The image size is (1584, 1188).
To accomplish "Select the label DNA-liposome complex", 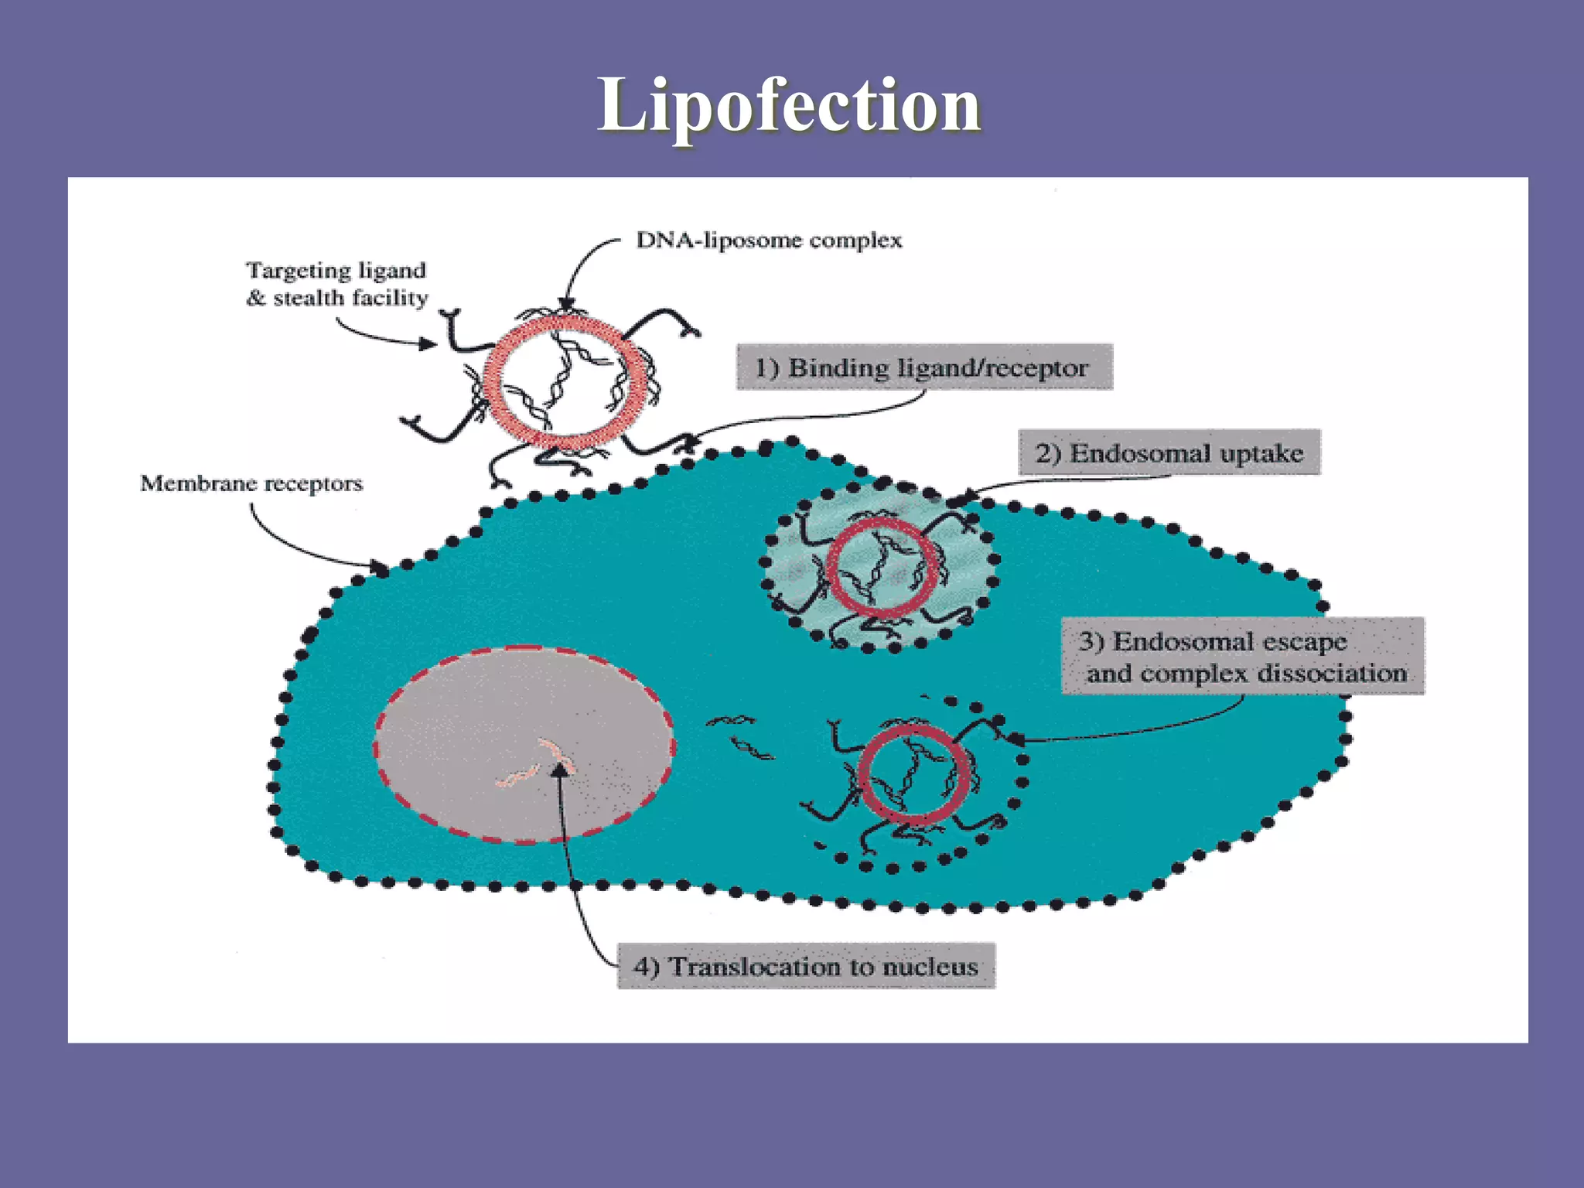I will pos(769,241).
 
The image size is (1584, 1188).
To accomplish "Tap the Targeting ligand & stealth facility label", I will pos(336,284).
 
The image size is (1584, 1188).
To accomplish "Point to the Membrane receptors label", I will pos(251,483).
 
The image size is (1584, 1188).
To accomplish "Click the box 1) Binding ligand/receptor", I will pos(923,367).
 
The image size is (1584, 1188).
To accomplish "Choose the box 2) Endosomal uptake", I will pos(1169,452).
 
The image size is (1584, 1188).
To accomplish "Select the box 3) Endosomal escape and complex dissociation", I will pos(1242,657).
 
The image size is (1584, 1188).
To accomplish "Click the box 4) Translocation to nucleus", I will pos(806,966).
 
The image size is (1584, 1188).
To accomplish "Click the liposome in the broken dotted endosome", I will pos(914,773).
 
